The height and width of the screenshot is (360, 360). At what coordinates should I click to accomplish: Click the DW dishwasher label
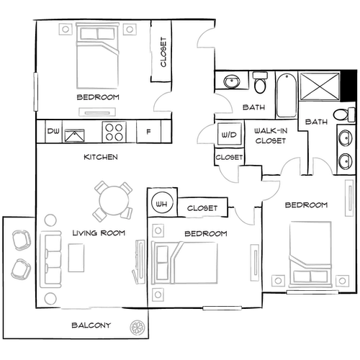(53, 131)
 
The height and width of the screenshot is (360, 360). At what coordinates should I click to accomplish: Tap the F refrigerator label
(148, 132)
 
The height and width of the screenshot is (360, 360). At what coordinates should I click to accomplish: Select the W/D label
(228, 135)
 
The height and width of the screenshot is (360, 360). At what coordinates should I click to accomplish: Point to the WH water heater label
(161, 204)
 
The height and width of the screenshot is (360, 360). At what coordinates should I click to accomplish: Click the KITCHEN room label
(101, 157)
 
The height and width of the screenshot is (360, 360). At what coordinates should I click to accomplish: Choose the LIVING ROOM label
(99, 233)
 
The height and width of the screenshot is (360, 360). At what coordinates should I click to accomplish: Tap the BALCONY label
(92, 326)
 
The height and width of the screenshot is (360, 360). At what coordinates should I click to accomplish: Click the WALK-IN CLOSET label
(270, 136)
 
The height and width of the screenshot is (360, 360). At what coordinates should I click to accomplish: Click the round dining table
(113, 199)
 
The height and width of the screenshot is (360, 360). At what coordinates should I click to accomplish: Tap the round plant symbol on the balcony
(135, 327)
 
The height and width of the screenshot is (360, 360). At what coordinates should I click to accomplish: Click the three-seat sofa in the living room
(51, 258)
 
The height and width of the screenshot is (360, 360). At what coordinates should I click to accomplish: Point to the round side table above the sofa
(50, 219)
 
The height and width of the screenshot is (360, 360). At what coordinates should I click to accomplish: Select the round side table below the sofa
(50, 297)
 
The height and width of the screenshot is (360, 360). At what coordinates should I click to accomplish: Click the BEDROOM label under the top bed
(97, 96)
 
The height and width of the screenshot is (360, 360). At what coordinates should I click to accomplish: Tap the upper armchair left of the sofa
(21, 240)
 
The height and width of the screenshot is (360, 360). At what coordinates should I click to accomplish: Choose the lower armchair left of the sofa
(21, 271)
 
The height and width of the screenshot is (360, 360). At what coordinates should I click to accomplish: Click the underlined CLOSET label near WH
(202, 208)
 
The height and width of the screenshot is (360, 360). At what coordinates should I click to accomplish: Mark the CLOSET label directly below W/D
(229, 157)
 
